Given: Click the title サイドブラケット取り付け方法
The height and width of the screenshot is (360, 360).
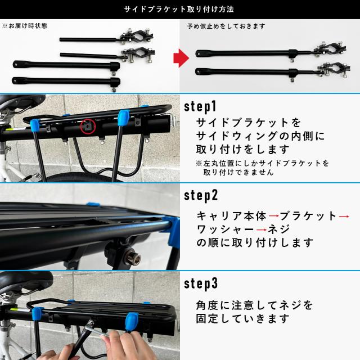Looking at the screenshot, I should point(180,10).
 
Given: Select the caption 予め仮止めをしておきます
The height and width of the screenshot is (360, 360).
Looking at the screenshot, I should point(219,26).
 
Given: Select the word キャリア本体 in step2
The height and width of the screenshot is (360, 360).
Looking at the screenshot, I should point(231,216).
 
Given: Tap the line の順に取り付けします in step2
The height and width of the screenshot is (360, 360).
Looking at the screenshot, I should point(255,244).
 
